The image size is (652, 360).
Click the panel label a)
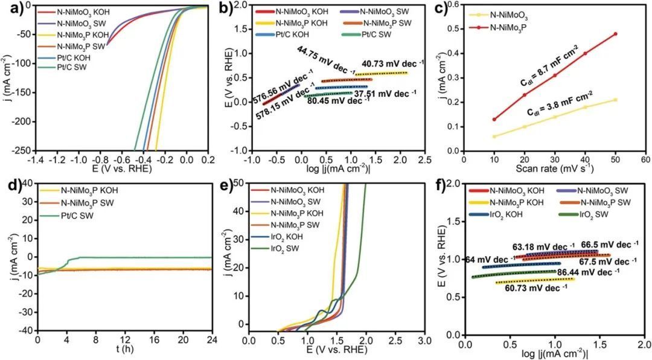[x=10, y=8]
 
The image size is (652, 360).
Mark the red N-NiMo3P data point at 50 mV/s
[x=616, y=34]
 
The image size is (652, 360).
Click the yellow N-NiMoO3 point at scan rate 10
[x=494, y=137]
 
